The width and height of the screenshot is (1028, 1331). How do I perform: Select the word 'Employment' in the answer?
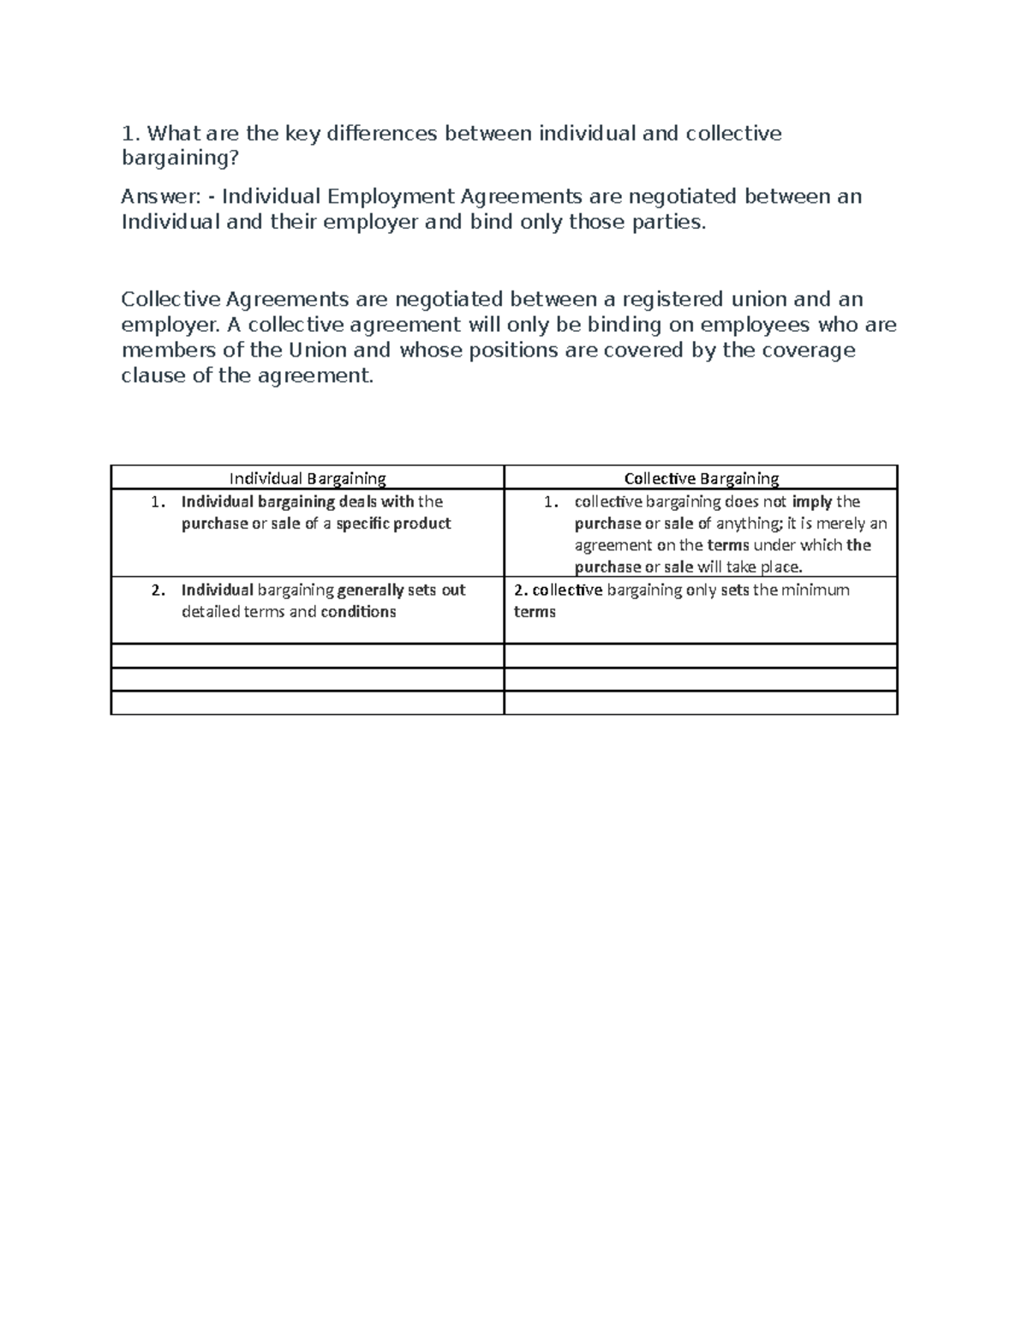click(x=390, y=196)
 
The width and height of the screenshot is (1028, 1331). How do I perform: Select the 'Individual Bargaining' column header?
click(x=308, y=478)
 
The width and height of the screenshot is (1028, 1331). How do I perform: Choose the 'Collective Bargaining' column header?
click(x=701, y=478)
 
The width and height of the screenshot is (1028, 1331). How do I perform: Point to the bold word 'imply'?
click(x=812, y=502)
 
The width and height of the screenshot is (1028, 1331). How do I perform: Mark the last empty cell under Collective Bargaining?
click(x=701, y=703)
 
